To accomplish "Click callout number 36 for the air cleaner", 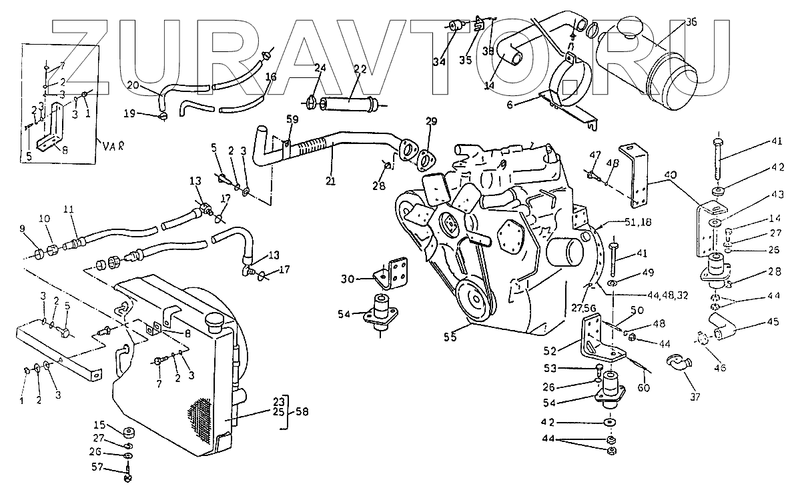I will (691, 22).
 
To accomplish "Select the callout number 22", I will (360, 69).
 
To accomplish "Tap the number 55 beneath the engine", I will (450, 337).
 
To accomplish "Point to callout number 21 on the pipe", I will (331, 180).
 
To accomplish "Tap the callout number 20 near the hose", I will (133, 85).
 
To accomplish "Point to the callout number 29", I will (431, 122).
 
